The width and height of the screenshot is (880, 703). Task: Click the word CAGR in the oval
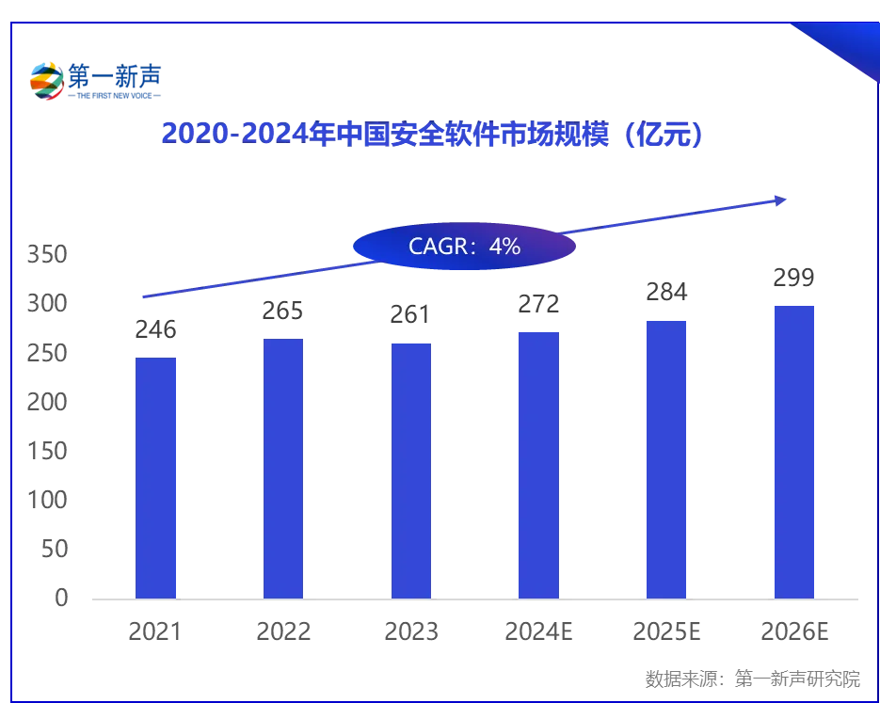click(x=438, y=247)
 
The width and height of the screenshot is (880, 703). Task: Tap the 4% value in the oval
click(x=504, y=247)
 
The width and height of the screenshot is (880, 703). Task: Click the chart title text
click(x=431, y=135)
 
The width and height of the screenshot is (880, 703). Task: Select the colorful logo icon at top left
click(x=47, y=81)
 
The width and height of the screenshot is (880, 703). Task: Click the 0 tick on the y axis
click(x=60, y=599)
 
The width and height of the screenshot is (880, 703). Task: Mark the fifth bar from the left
click(x=668, y=457)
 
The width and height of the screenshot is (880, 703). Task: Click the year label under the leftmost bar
click(x=154, y=629)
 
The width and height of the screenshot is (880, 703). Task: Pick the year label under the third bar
click(x=412, y=629)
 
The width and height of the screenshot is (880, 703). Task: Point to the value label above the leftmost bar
click(x=157, y=328)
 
